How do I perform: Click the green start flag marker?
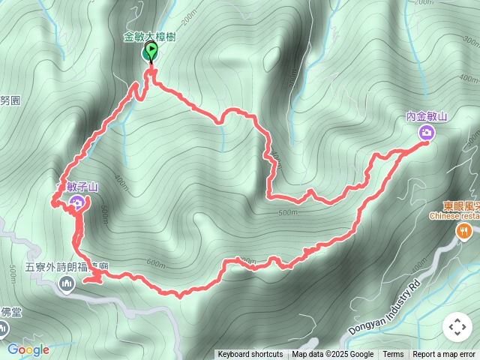coord(151,52)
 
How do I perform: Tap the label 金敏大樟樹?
coord(150,36)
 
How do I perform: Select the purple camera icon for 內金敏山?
coord(427,133)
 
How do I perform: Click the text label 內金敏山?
coord(426,116)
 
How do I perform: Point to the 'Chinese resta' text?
coord(454,217)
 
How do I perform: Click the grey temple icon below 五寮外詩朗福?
coord(67,283)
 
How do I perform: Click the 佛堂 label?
coord(10,312)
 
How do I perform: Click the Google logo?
coord(28,349)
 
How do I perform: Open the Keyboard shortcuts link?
coord(250,355)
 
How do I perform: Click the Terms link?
coord(393,355)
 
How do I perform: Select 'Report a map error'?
coord(444,355)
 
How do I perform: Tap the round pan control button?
coord(457,328)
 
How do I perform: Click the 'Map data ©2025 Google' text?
coord(333,355)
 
